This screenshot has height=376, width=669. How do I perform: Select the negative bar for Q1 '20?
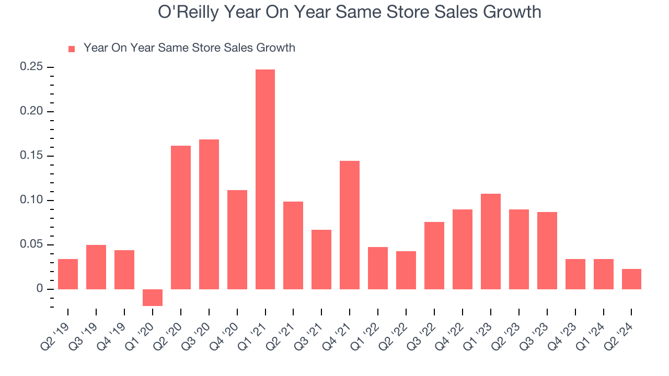tap(153, 297)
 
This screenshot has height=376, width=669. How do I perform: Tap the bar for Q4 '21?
tap(350, 225)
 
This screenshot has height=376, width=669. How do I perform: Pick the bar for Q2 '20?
tap(181, 217)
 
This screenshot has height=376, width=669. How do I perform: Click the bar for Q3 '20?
tap(209, 214)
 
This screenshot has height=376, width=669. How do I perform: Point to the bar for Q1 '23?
tap(491, 241)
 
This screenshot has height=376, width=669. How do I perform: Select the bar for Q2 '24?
tap(631, 279)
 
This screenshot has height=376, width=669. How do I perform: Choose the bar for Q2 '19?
tap(68, 274)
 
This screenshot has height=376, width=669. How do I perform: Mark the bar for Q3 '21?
tap(321, 259)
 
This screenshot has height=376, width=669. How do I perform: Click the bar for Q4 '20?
tap(237, 239)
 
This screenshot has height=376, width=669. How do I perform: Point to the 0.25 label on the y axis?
tap(31, 67)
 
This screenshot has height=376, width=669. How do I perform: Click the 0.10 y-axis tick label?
tap(31, 201)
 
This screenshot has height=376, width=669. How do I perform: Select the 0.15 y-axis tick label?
tap(31, 156)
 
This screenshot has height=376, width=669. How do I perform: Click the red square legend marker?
tap(72, 49)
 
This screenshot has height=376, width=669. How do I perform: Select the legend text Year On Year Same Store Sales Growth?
tap(189, 48)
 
